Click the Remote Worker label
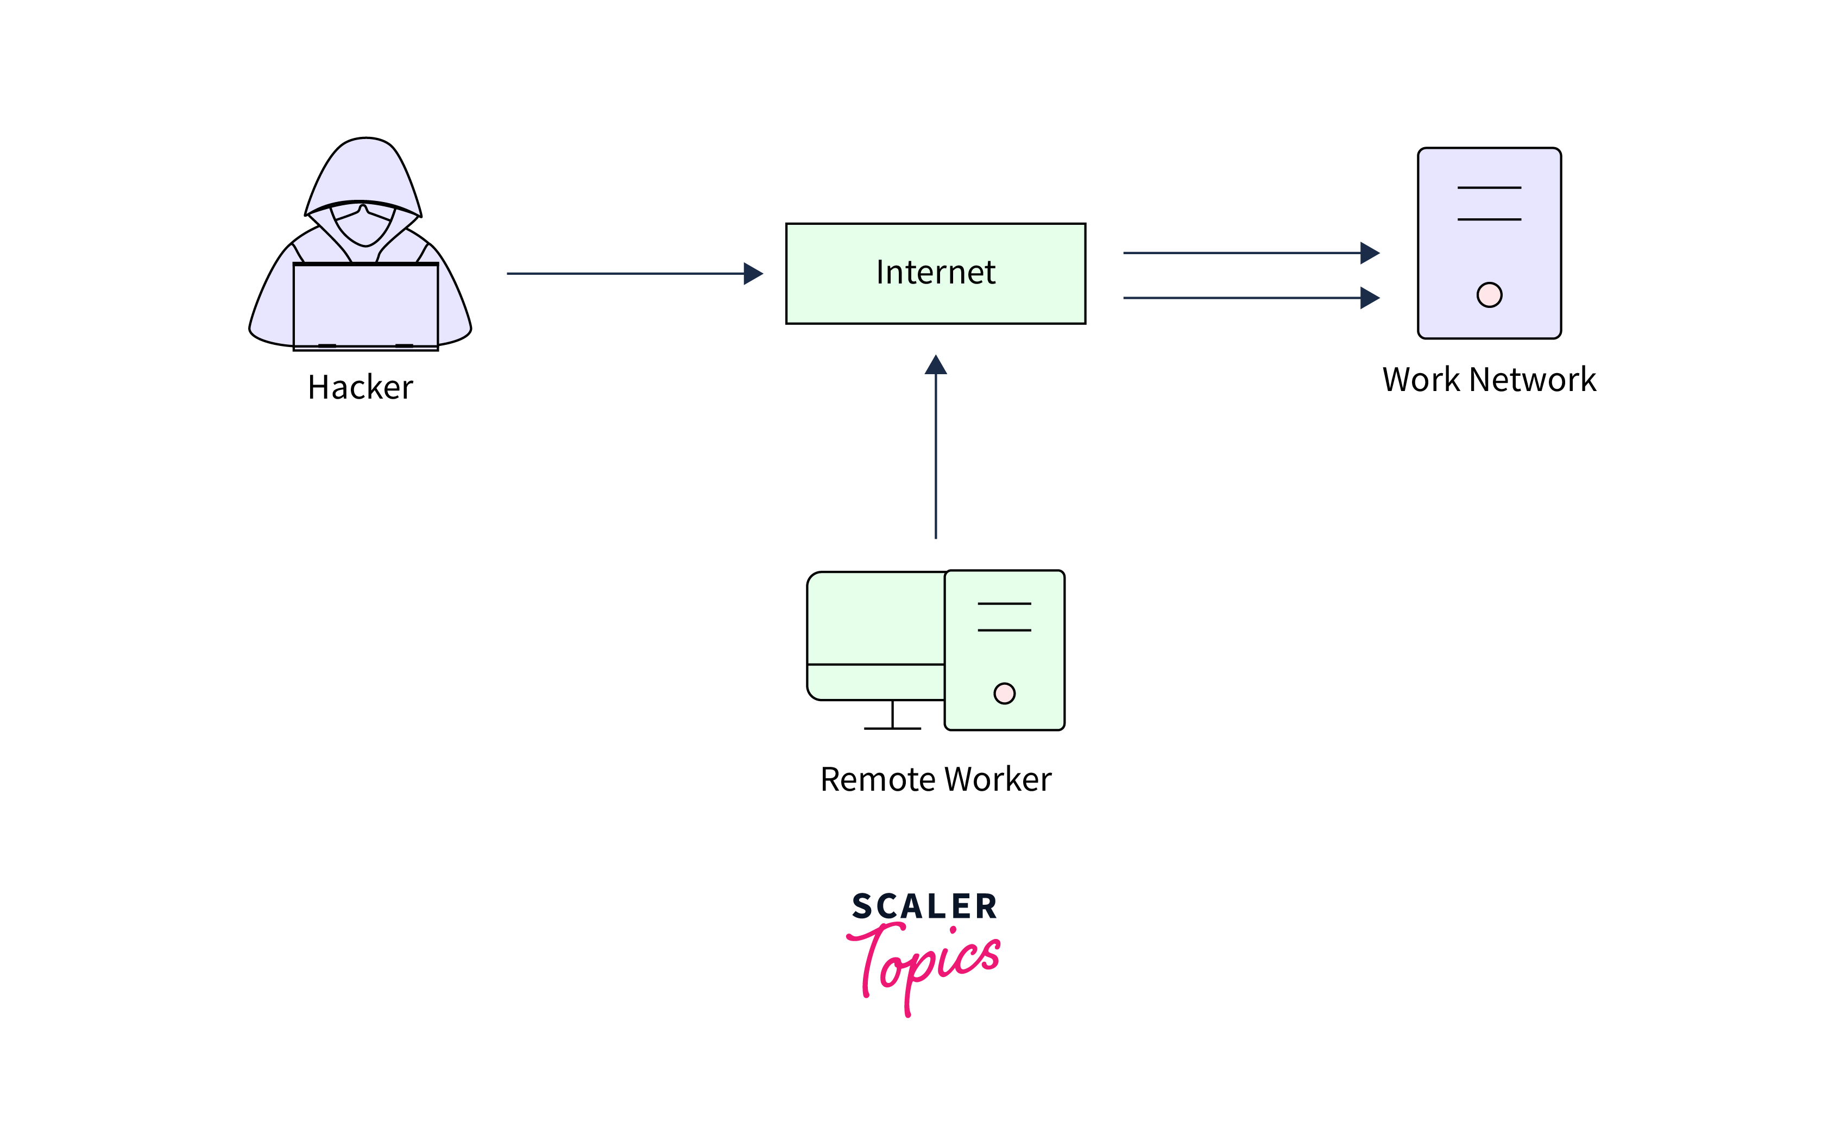[x=936, y=779]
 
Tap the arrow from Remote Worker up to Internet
[x=936, y=450]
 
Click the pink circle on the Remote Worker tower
[x=1005, y=694]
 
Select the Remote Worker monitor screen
[x=875, y=619]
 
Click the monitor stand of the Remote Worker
[x=892, y=716]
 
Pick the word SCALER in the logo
[x=924, y=907]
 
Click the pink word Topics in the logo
[x=926, y=963]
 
